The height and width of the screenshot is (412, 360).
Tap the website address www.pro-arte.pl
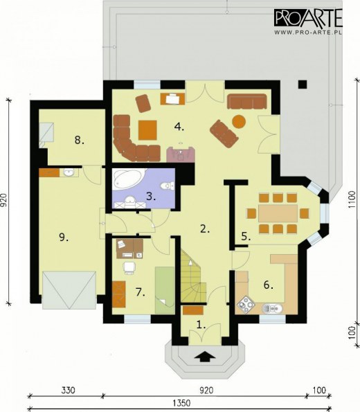pos(308,33)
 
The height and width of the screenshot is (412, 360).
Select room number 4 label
pos(179,127)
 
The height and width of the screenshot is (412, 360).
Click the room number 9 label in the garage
pos(64,238)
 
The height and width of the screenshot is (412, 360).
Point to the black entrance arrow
pos(205,357)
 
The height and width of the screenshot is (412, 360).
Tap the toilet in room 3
pos(167,186)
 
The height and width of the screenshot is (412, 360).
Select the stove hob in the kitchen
pos(246,305)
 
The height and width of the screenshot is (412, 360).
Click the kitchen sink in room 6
pos(272,308)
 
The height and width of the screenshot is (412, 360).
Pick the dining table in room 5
pos(278,213)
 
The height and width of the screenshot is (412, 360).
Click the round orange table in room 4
pos(239,121)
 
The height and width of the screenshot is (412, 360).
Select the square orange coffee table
pos(147,130)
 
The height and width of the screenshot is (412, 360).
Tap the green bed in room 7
pos(165,290)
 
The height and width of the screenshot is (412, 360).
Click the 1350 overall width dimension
pos(181,403)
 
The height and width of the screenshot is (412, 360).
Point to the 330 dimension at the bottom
pos(68,391)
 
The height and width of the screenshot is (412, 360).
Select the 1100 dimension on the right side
pos(352,199)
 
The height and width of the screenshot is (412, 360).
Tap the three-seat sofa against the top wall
pos(246,101)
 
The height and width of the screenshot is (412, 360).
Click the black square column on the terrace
pos(303,84)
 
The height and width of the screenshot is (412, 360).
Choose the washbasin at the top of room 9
pos(69,173)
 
